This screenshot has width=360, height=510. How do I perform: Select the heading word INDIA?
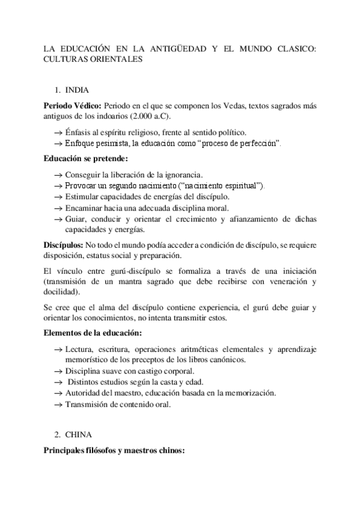click(78, 90)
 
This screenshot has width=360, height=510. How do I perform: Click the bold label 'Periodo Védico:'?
click(69, 106)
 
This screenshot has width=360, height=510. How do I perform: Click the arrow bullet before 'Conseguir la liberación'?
click(58, 174)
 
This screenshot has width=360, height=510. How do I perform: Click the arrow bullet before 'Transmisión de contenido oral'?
click(58, 404)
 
